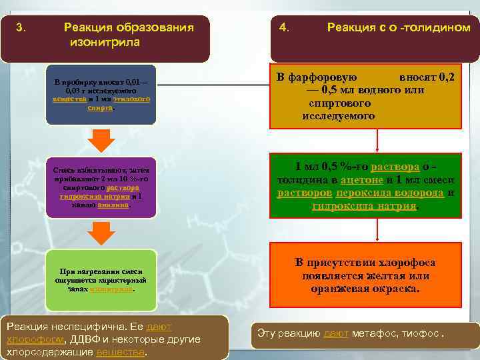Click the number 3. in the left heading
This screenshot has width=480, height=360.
tap(21, 28)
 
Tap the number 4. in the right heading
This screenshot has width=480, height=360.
tap(285, 28)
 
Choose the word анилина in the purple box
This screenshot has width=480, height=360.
tap(113, 205)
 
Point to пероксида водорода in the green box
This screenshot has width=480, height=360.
tap(390, 193)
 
